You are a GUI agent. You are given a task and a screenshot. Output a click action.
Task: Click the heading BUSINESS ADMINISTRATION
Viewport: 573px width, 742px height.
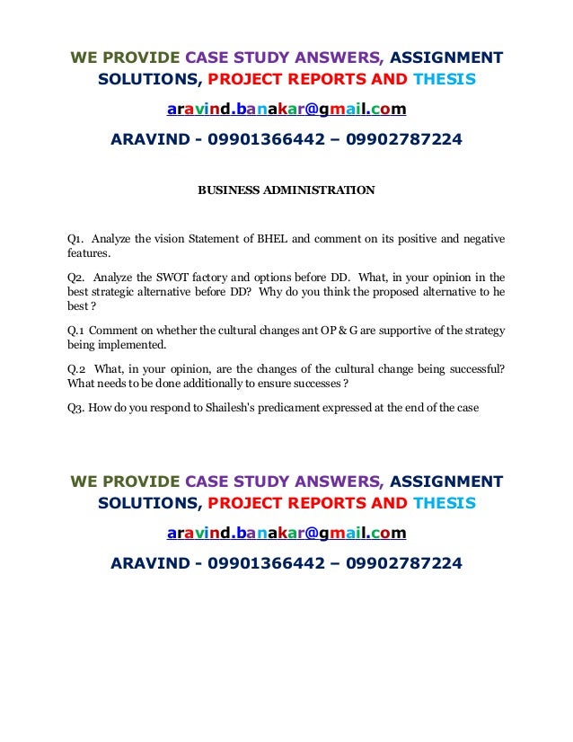click(x=286, y=190)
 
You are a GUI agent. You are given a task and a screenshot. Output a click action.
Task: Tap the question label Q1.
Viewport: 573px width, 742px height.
click(x=75, y=239)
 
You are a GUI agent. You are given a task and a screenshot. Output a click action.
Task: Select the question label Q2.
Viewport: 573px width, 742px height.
click(x=75, y=277)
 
